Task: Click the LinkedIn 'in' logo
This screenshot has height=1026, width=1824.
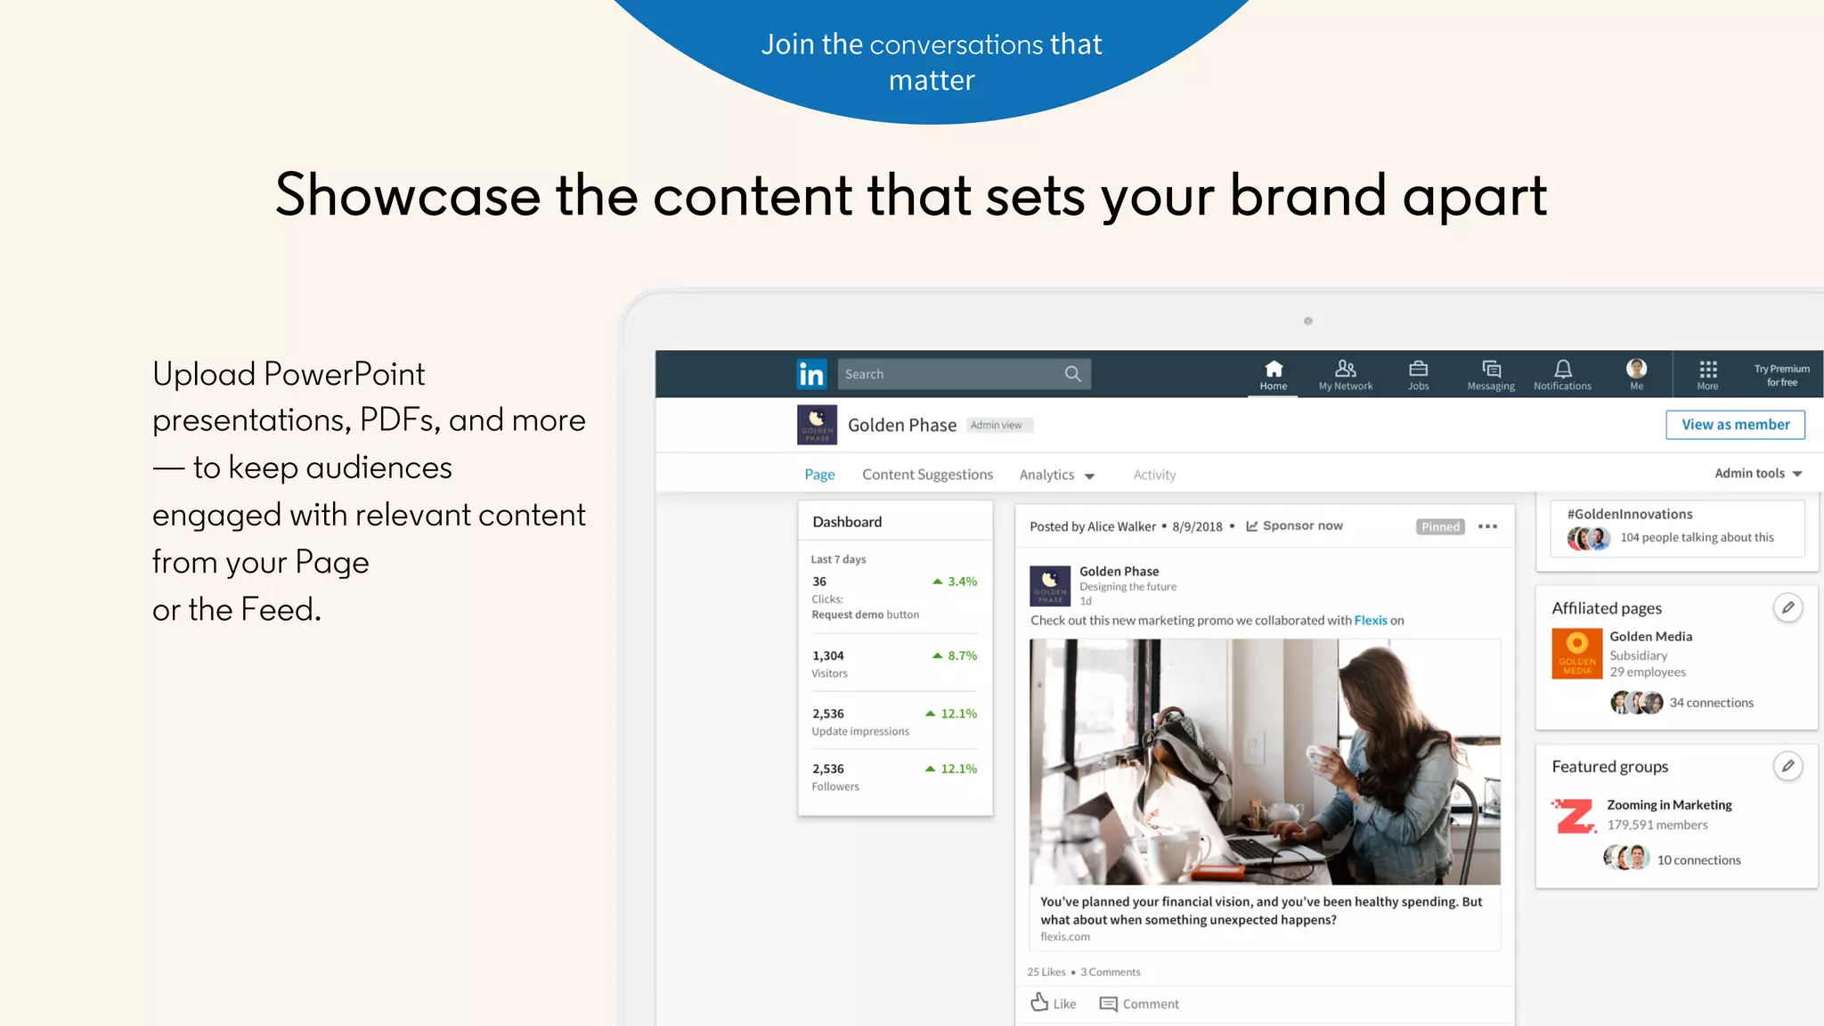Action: pos(811,374)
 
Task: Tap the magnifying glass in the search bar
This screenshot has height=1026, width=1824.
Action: pos(1072,374)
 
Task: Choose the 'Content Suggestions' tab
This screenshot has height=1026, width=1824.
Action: pos(927,475)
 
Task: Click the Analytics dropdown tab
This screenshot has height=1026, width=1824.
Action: pos(1056,475)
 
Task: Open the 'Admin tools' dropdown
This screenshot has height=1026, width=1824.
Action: pos(1757,473)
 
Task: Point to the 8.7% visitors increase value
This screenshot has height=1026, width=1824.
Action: pos(961,655)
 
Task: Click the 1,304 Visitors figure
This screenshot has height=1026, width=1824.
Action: pos(827,655)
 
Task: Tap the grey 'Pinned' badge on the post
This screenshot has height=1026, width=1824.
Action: pos(1440,526)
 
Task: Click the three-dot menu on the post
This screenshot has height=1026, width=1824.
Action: pos(1487,526)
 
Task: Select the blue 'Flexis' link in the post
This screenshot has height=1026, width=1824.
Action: pos(1370,621)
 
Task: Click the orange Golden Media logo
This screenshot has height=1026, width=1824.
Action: pos(1576,653)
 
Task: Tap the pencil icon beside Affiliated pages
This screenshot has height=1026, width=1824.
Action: pos(1787,607)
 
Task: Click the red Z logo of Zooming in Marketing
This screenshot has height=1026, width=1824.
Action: pos(1575,816)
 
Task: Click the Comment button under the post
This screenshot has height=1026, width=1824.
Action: pos(1139,1004)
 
